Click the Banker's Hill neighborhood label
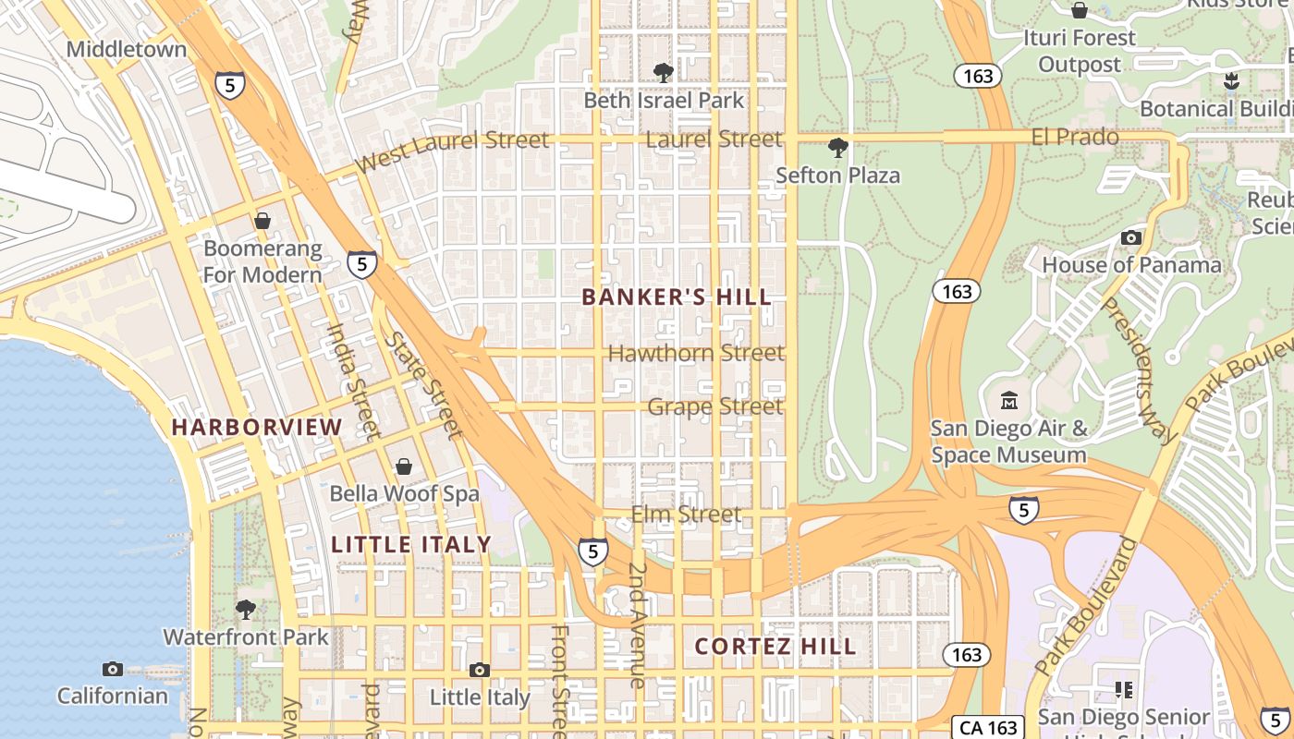pyautogui.click(x=677, y=297)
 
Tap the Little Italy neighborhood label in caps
pyautogui.click(x=411, y=544)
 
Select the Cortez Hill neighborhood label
pyautogui.click(x=775, y=646)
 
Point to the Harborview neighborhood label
pyautogui.click(x=257, y=427)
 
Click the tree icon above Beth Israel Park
pyautogui.click(x=663, y=72)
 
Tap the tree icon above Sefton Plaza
pyautogui.click(x=837, y=147)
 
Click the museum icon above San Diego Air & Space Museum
pyautogui.click(x=1009, y=402)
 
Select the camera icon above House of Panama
pyautogui.click(x=1130, y=237)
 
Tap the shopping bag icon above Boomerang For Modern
pyautogui.click(x=262, y=221)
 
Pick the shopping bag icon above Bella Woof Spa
pyautogui.click(x=404, y=466)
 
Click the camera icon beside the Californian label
pyautogui.click(x=113, y=669)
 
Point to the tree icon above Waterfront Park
pyautogui.click(x=245, y=609)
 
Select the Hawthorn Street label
pyautogui.click(x=696, y=353)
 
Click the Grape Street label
pyautogui.click(x=714, y=406)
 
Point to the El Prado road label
pyautogui.click(x=1074, y=138)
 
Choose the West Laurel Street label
pyautogui.click(x=453, y=151)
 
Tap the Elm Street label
pyautogui.click(x=686, y=515)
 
